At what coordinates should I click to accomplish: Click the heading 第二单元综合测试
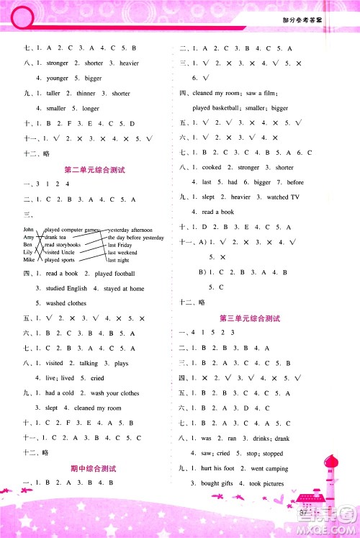[x=95, y=170]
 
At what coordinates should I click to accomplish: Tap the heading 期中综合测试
[x=95, y=469]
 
